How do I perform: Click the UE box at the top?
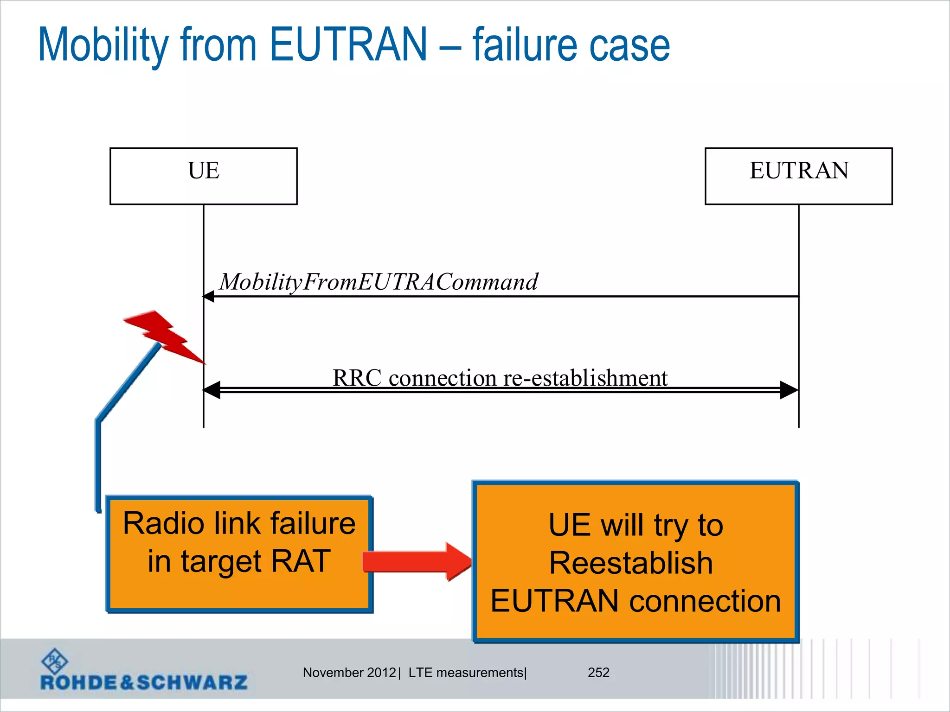tap(203, 176)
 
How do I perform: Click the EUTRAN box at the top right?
tap(798, 176)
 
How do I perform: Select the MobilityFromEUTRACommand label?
tap(379, 282)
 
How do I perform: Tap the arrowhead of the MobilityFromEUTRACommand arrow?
tap(209, 296)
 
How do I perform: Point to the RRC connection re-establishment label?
tap(500, 378)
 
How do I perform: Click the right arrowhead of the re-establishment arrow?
tap(789, 390)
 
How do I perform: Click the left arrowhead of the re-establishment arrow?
tap(212, 390)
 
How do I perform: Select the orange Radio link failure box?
tap(239, 554)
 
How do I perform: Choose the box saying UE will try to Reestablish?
tap(635, 562)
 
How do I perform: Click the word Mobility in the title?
tap(103, 45)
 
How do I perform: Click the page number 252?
tap(598, 673)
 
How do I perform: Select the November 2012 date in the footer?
tap(349, 673)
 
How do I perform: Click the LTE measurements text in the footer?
tap(466, 673)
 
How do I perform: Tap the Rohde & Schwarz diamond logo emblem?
tap(55, 661)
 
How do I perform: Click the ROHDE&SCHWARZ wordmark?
tap(144, 682)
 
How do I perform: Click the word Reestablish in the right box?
tap(631, 563)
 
